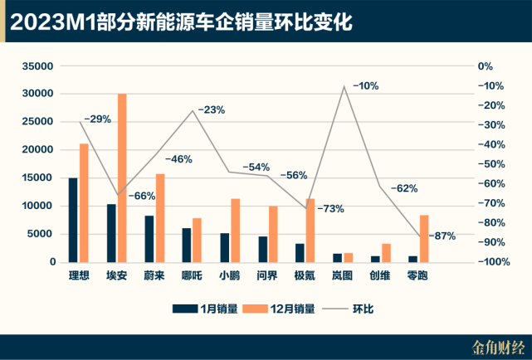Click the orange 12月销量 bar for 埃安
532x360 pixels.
pyautogui.click(x=122, y=178)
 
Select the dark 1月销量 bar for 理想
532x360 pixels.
pyautogui.click(x=73, y=220)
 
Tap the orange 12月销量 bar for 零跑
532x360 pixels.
pyautogui.click(x=423, y=238)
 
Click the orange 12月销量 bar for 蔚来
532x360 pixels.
pyautogui.click(x=160, y=217)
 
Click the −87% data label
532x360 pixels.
pyautogui.click(x=442, y=236)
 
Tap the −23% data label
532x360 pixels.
pyautogui.click(x=211, y=109)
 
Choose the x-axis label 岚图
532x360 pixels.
pyautogui.click(x=343, y=275)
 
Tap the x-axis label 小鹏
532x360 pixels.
pyautogui.click(x=230, y=275)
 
